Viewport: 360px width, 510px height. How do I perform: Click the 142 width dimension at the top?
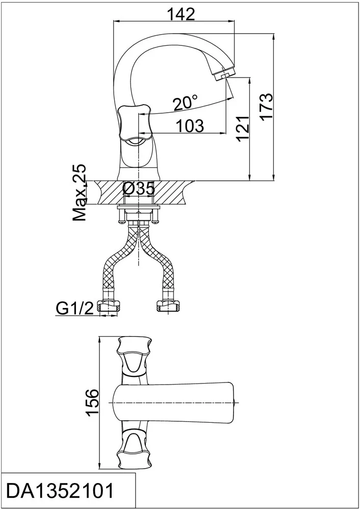181,14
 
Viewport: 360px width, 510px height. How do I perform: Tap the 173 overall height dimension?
267,107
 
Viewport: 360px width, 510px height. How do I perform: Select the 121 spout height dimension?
243,128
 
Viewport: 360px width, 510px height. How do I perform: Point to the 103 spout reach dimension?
190,125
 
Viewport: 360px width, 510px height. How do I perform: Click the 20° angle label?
185,103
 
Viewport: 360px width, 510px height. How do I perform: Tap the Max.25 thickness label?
80,193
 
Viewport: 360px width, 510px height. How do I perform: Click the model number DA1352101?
61,491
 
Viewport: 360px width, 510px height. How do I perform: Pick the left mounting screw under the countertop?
121,216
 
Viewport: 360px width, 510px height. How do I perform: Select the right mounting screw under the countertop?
155,216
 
